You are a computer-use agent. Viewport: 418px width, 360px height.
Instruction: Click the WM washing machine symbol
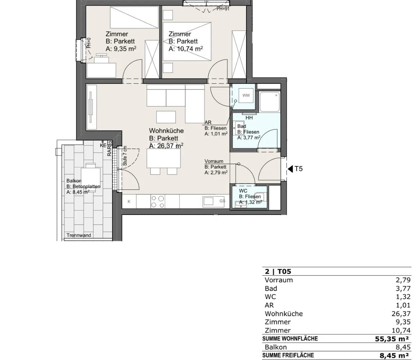click(x=246, y=95)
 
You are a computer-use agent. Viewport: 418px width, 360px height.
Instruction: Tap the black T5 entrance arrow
click(x=290, y=169)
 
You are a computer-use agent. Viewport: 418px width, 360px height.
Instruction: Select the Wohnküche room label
click(x=166, y=131)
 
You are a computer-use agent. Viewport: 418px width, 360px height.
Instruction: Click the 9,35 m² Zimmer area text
click(x=121, y=49)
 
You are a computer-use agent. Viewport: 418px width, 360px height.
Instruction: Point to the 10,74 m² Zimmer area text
click(x=186, y=49)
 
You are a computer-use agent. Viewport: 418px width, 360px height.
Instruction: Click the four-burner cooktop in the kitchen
click(x=157, y=202)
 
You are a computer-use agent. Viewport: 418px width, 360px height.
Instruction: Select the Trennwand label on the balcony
click(x=79, y=235)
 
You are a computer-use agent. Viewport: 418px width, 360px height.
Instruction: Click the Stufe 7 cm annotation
click(x=125, y=156)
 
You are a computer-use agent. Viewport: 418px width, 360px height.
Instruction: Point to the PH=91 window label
click(x=223, y=9)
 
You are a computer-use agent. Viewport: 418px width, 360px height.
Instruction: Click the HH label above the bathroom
click(x=249, y=118)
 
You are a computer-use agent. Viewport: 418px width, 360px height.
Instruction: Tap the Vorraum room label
click(x=214, y=161)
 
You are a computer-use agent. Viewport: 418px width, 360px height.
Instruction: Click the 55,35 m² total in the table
click(x=392, y=339)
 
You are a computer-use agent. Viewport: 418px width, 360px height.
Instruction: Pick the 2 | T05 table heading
click(x=278, y=271)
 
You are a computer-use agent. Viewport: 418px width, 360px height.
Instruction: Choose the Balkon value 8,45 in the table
click(x=403, y=347)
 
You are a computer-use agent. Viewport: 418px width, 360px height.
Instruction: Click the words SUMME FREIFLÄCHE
click(x=288, y=355)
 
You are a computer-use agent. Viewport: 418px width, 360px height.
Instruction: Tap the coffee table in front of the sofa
click(x=166, y=117)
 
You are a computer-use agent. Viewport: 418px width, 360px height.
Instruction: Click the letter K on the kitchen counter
click(x=129, y=202)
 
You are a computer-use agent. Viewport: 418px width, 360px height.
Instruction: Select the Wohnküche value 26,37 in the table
click(x=401, y=314)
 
